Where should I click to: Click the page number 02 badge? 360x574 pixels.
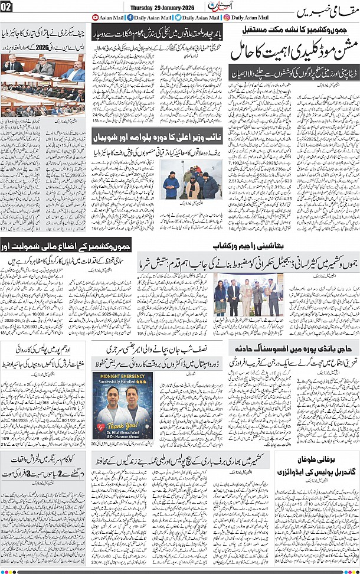point(6,6)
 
